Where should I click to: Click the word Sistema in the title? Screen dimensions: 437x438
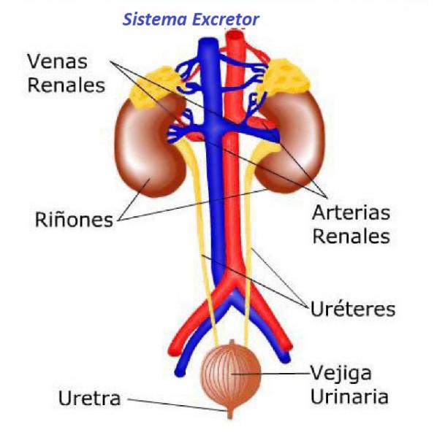tap(155, 20)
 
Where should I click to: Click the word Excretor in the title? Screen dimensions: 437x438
tap(226, 20)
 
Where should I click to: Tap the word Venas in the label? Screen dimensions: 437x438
tap(57, 61)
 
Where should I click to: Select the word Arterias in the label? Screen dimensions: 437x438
tap(351, 213)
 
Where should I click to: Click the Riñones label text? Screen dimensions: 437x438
tap(74, 220)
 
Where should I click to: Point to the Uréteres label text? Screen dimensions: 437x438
tap(353, 309)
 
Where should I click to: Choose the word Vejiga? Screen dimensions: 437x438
tap(341, 374)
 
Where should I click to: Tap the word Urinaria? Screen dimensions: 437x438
tap(349, 396)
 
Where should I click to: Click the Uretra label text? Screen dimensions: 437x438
tap(89, 398)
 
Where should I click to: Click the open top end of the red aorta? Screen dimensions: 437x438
tap(235, 35)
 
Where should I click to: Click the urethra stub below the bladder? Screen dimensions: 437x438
tap(230, 414)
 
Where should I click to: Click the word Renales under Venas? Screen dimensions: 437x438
tap(66, 85)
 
